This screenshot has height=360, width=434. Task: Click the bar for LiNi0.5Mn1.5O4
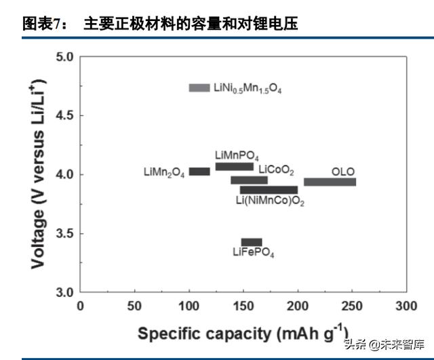199,87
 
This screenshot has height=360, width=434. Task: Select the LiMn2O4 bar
199,172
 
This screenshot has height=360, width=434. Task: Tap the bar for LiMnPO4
235,167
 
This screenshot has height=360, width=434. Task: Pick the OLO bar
330,182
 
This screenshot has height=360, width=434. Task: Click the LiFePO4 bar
252,242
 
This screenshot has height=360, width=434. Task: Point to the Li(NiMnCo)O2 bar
269,190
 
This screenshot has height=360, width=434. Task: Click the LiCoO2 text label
277,169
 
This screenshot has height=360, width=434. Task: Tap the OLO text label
343,171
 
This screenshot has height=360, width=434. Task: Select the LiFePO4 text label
254,253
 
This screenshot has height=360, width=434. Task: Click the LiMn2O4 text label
163,172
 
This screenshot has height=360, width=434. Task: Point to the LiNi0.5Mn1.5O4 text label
248,88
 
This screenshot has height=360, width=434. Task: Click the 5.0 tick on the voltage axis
64,56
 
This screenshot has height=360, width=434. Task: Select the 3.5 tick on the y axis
64,234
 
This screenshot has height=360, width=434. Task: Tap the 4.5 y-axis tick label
64,115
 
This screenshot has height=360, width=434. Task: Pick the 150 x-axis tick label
243,306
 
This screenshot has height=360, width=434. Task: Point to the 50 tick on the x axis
135,306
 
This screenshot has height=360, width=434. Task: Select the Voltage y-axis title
39,175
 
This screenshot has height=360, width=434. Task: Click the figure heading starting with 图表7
160,25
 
